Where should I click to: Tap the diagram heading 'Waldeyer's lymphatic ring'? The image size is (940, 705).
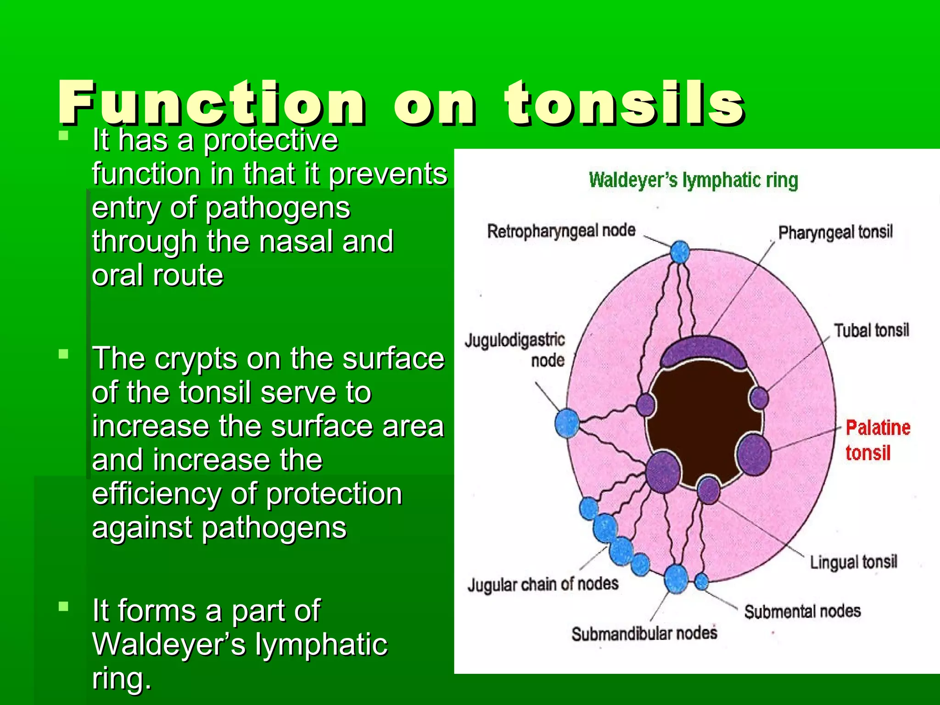point(693,180)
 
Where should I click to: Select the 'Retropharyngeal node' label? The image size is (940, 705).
point(561,231)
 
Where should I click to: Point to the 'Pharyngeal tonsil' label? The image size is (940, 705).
point(835,232)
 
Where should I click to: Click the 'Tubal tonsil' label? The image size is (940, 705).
point(871,330)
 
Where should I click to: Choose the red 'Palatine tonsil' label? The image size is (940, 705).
point(878,440)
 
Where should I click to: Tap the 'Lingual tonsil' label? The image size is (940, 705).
point(853,562)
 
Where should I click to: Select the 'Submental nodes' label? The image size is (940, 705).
point(802,611)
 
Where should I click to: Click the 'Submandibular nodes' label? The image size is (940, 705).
point(644,634)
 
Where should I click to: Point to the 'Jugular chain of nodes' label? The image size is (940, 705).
point(543,584)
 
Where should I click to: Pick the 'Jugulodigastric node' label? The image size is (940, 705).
point(515,350)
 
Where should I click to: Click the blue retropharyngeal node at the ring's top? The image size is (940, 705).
point(680,252)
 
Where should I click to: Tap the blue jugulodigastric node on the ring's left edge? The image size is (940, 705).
point(567,423)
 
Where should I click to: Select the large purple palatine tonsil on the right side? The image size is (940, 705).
point(753,454)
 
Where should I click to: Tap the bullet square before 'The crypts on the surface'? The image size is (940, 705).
point(64,354)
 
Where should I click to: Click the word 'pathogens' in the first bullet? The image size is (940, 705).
point(277,208)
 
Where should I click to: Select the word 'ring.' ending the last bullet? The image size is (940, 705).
point(122,678)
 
